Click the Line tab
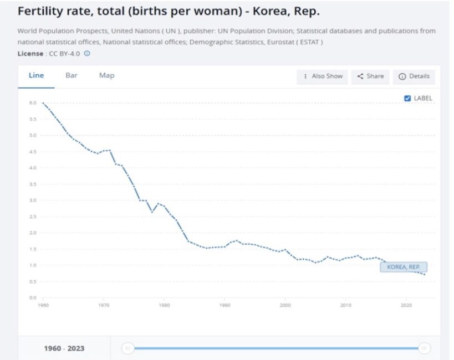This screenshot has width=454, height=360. (x=36, y=75)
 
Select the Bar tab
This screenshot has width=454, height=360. (x=72, y=75)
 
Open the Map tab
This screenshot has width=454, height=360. (x=106, y=75)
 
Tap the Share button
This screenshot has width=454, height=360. (x=370, y=76)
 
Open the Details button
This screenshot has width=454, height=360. (x=414, y=76)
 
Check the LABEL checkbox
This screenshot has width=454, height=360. (x=407, y=98)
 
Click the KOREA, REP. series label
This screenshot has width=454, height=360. (x=404, y=267)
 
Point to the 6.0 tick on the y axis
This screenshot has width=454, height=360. (x=33, y=103)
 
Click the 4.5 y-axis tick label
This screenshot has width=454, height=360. (x=33, y=152)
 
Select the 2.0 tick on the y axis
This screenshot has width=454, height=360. (x=33, y=233)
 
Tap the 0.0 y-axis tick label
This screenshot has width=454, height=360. (x=33, y=297)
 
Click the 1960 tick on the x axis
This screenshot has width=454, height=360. (x=43, y=305)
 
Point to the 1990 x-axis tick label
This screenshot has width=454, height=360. (x=225, y=305)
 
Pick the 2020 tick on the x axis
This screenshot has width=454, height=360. (x=406, y=305)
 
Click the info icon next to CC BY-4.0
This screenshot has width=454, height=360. (x=87, y=54)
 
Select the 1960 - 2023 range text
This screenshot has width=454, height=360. (x=64, y=348)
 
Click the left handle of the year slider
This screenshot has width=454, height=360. (x=128, y=348)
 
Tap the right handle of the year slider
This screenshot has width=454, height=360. (x=424, y=348)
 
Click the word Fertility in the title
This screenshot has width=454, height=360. (x=38, y=11)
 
